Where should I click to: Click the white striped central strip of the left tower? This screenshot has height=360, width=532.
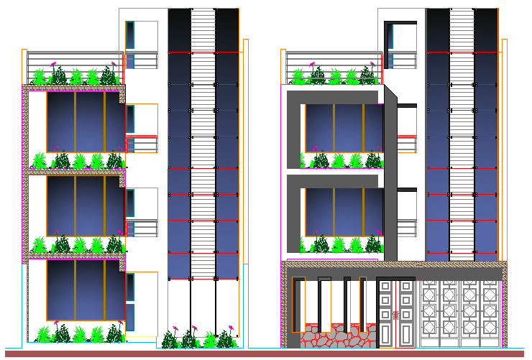(203, 144)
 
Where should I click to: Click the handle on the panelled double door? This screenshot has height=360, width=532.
(395, 315)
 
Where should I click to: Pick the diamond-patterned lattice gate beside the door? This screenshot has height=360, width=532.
(459, 313)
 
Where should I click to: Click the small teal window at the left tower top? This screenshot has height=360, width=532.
(130, 34)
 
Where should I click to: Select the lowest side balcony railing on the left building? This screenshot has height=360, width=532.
(143, 228)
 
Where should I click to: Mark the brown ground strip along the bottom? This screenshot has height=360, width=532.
(266, 354)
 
